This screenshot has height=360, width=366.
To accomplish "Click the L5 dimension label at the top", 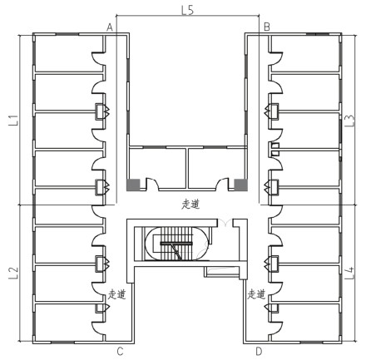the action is pos(187,10).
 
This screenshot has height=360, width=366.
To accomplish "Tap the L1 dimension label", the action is pos(13,121).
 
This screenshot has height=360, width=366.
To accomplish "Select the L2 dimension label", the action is pos(13,273).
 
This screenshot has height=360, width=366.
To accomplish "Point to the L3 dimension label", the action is pos(350,121).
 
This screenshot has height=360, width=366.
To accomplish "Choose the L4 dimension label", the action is pos(350,273).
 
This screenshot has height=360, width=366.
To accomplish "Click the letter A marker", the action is pos(110,27).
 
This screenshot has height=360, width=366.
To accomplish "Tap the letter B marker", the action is pos(267,27).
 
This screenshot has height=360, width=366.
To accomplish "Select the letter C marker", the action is pos(120,351).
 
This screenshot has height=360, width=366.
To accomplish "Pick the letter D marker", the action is pos(259,351).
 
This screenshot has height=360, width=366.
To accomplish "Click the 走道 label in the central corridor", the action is pos(190,205).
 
